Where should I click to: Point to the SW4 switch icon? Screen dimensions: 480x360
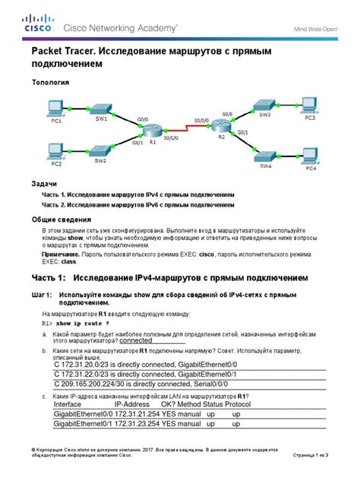pyautogui.click(x=264, y=153)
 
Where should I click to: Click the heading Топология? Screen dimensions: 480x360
pyautogui.click(x=50, y=81)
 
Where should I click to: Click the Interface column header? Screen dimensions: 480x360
pyautogui.click(x=72, y=405)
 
